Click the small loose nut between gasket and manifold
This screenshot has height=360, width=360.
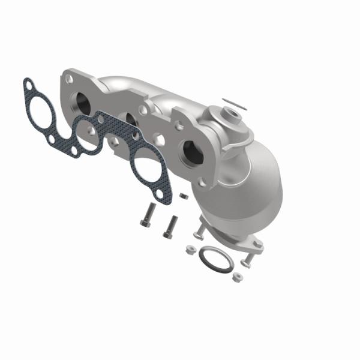(184, 196)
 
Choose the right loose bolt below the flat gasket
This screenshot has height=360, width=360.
(172, 225)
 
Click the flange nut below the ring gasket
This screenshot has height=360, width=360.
(237, 277)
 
